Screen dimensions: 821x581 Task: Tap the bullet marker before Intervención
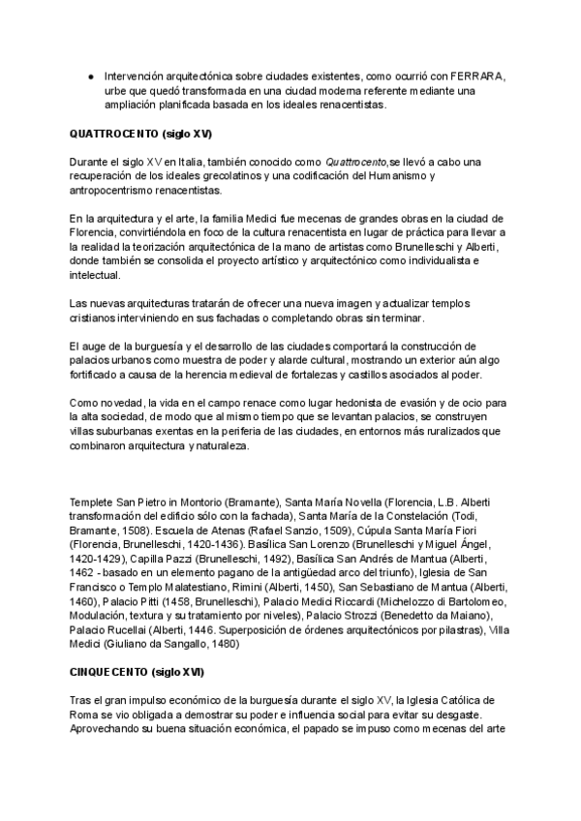[90, 76]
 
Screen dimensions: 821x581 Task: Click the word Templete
[92, 502]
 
